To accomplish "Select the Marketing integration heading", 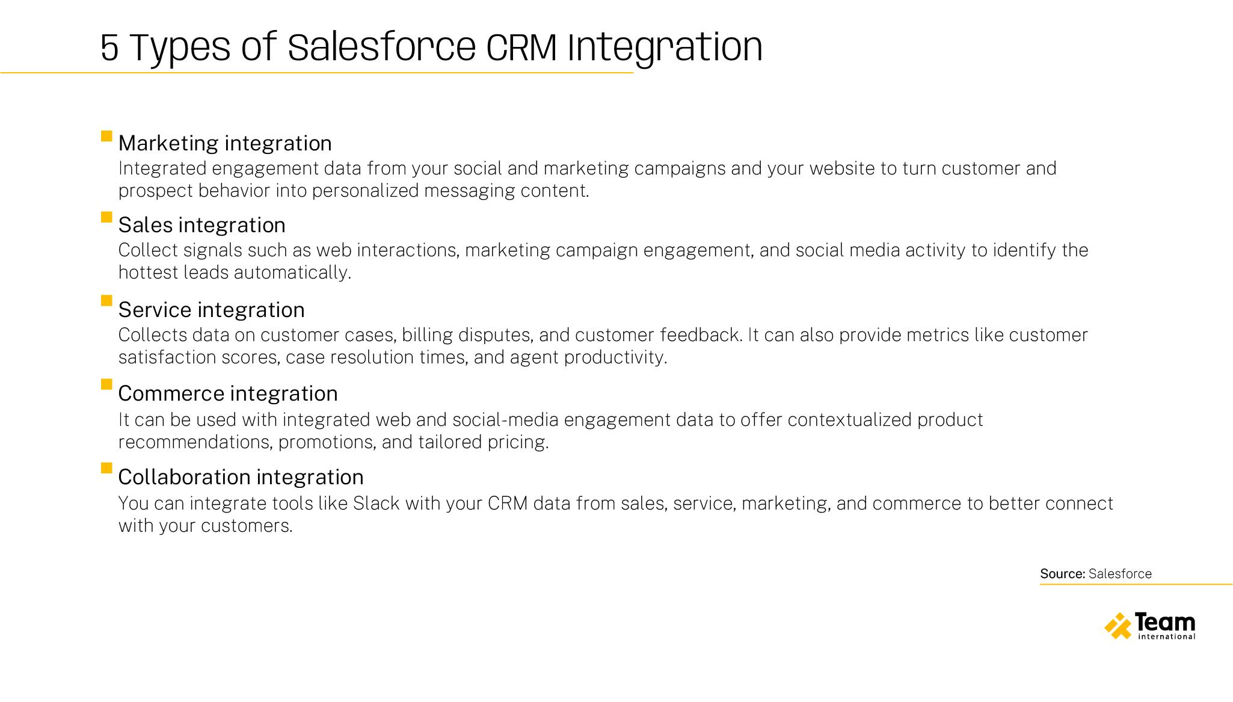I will (225, 143).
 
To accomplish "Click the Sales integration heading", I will (201, 225).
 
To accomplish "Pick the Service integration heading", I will (211, 310).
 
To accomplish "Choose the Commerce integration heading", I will (227, 393).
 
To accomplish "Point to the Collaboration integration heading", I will (241, 477).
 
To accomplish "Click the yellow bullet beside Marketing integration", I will (106, 136).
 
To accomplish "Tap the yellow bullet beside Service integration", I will (106, 300).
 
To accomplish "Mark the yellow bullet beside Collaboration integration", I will (106, 467).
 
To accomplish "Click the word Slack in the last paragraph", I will (376, 503).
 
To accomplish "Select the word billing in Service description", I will (427, 335).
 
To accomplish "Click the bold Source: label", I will (1062, 574).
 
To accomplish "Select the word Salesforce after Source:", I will (1120, 574).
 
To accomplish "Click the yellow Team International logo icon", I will (1118, 626).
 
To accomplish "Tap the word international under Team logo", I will (1167, 636).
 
